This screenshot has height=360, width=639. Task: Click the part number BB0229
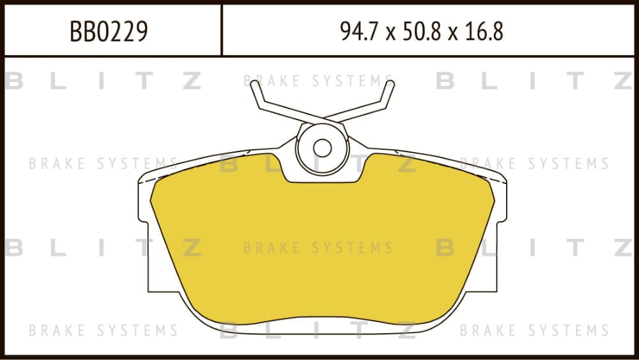pyautogui.click(x=109, y=31)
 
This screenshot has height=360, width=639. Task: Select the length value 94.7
pyautogui.click(x=357, y=31)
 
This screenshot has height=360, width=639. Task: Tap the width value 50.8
pyautogui.click(x=422, y=31)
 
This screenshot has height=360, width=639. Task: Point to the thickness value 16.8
pyautogui.click(x=484, y=31)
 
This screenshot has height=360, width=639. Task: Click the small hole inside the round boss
pyautogui.click(x=322, y=148)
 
